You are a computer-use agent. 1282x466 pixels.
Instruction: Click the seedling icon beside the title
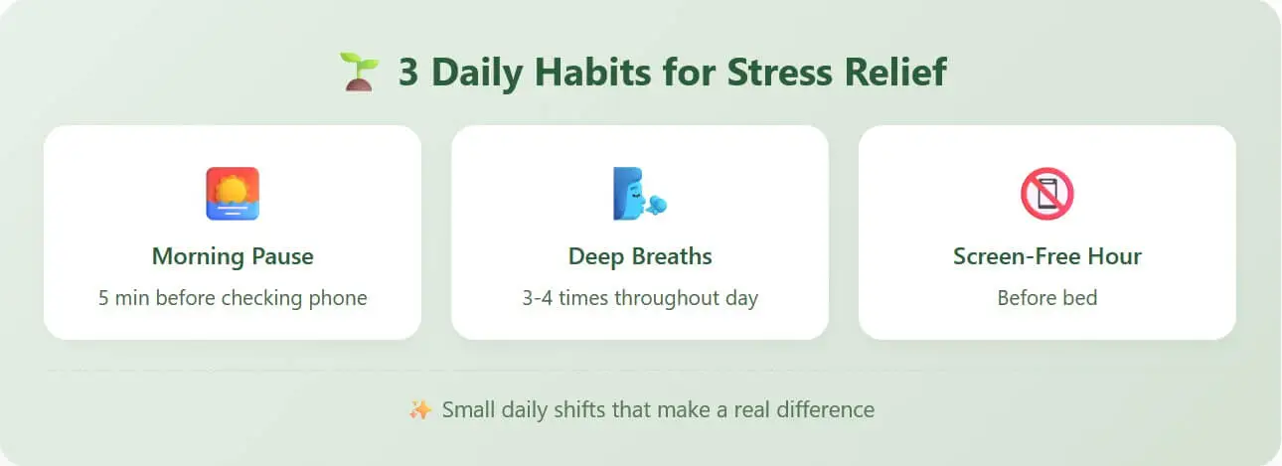(359, 72)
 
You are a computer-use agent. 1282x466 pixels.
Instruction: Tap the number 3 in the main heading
(408, 73)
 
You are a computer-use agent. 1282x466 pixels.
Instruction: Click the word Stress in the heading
(779, 73)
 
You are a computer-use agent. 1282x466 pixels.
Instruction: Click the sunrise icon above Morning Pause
(233, 194)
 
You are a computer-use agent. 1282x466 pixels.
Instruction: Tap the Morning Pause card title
(233, 256)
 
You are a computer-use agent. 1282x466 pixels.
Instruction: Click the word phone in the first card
(338, 298)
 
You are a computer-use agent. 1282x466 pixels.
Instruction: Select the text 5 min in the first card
(123, 298)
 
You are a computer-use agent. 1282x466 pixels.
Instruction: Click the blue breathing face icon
(640, 194)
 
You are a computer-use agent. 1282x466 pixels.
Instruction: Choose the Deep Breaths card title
(640, 256)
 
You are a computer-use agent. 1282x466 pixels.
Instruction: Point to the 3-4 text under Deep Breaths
(538, 298)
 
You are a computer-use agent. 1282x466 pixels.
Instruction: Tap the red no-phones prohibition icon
(1047, 194)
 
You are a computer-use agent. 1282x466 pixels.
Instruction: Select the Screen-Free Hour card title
(1047, 256)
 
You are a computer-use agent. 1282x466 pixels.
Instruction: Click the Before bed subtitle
(1047, 298)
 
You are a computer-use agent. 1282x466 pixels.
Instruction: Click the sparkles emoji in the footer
(420, 410)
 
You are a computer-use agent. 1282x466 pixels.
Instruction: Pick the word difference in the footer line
(825, 410)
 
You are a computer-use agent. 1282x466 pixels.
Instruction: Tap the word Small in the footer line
(468, 410)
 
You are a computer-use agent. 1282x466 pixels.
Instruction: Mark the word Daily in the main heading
(477, 74)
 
